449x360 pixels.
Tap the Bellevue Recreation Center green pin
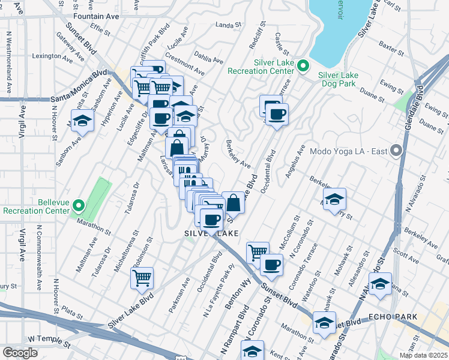coord(79,207)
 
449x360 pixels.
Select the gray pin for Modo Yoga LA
coord(396,150)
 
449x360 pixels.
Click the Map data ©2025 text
coord(423,355)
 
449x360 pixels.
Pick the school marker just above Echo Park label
coord(380,284)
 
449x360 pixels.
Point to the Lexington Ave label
coord(56,56)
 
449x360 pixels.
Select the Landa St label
coord(228,25)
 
